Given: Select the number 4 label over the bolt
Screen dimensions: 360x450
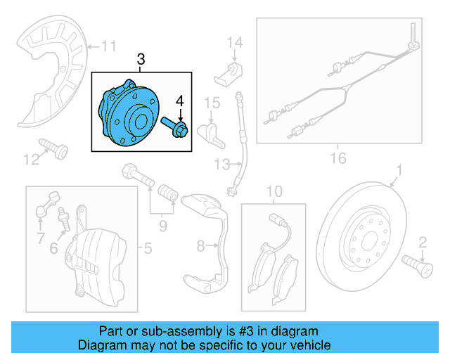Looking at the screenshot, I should tap(180, 102).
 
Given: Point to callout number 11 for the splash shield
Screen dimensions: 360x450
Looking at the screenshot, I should tap(108, 47).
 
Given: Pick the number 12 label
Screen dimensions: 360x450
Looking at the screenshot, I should tap(31, 160).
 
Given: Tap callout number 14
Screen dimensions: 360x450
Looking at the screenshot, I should tap(233, 43).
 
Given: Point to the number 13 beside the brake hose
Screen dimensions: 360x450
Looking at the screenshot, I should tap(222, 165).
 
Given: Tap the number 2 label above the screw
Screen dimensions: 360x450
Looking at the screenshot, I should tap(423, 243).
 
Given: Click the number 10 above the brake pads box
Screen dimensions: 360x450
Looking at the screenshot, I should tap(274, 191).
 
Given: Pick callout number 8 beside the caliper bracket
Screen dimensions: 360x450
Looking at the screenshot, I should tap(200, 246).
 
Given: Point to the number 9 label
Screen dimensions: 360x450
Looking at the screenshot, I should tap(162, 225).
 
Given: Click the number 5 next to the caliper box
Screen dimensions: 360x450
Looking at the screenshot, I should tap(147, 247).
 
